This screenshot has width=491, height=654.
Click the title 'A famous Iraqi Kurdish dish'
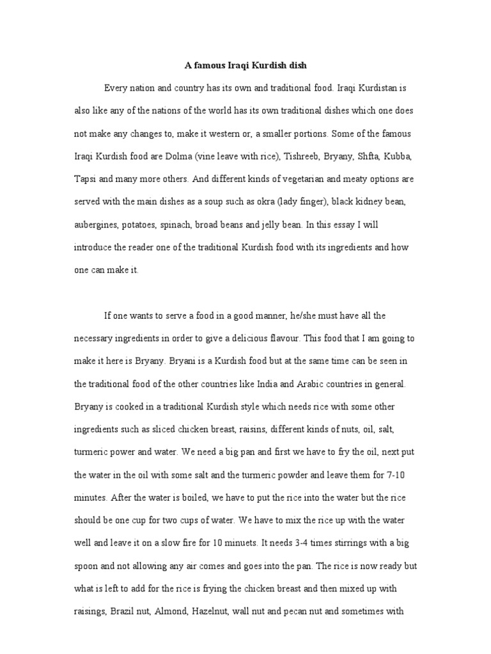point(245,65)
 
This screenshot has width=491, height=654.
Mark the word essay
point(352,224)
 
